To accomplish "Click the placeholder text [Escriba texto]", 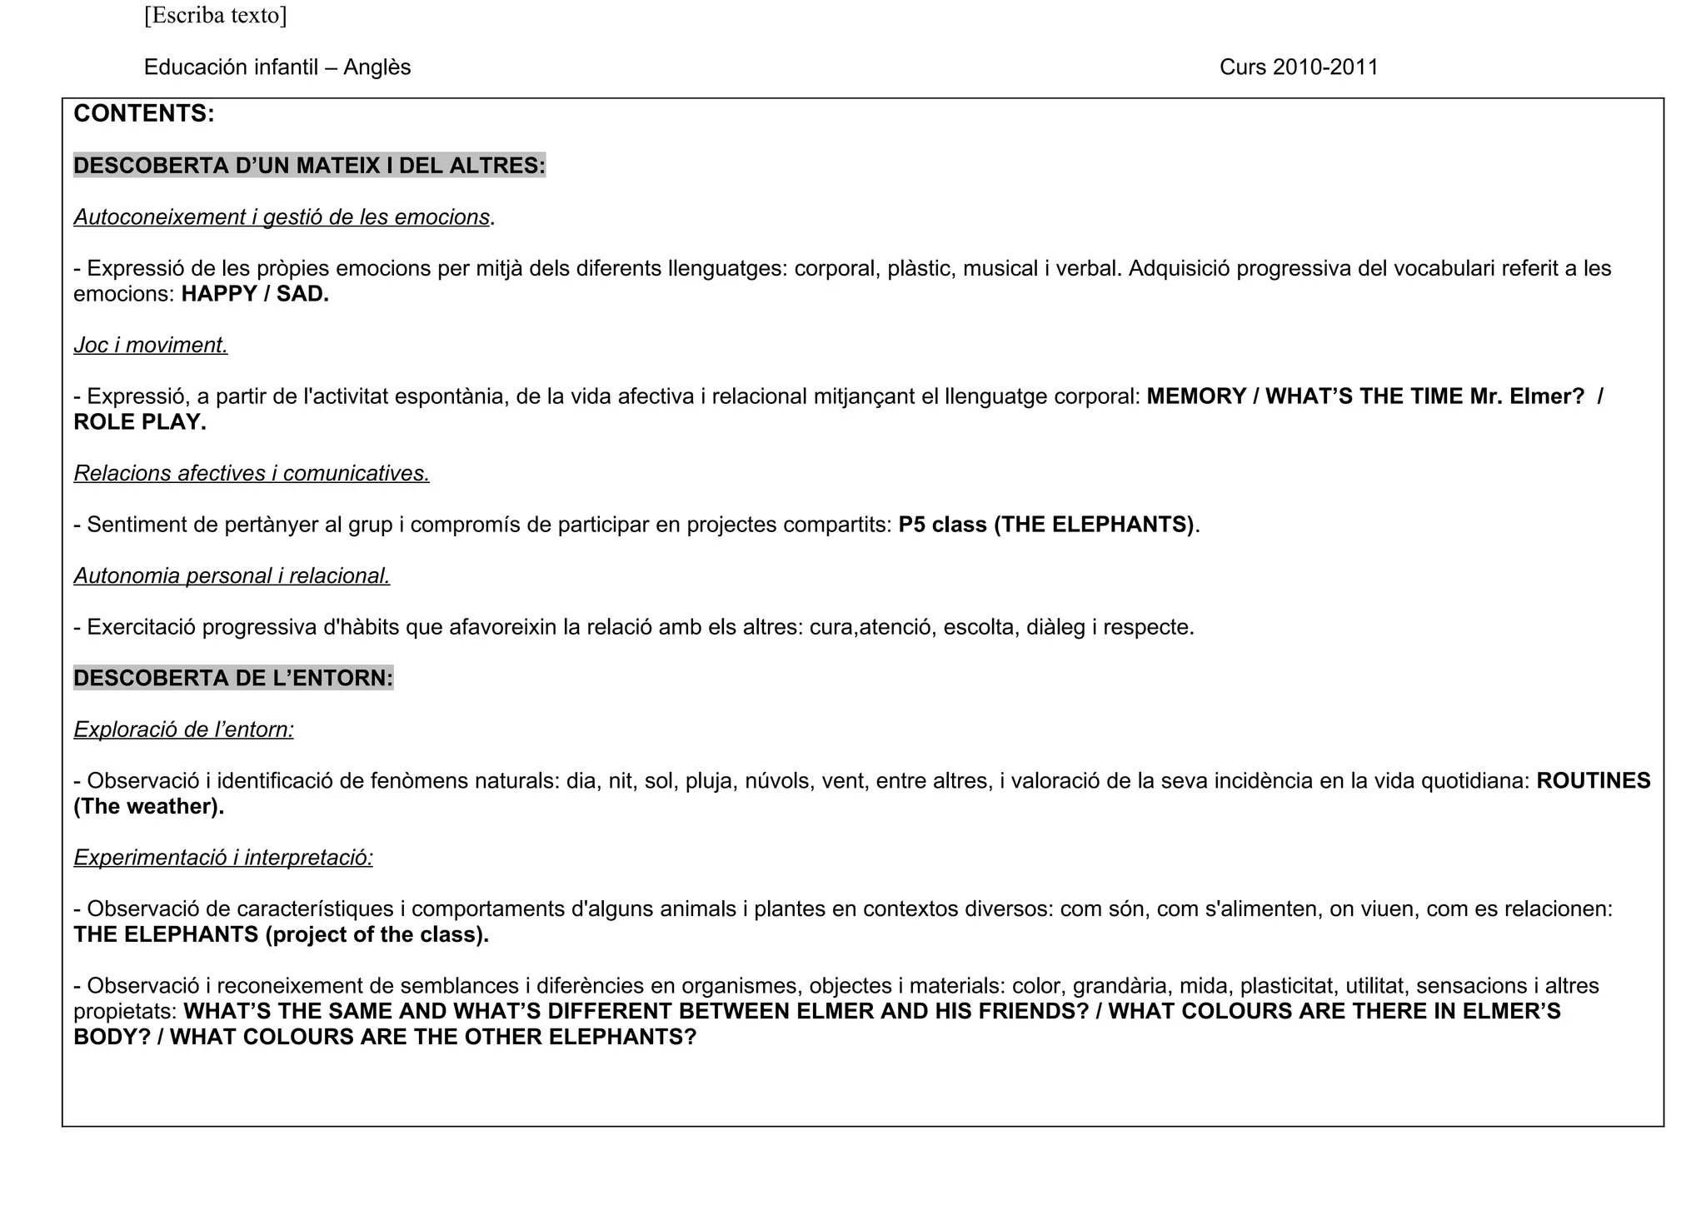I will tap(215, 16).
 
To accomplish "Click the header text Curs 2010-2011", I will tap(1299, 67).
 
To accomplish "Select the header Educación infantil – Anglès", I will tap(277, 67).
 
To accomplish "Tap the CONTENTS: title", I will tap(144, 114).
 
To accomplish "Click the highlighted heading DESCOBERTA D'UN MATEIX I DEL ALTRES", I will tap(309, 166).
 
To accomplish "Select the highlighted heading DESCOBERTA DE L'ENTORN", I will tap(233, 678).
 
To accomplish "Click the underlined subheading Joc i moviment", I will tap(151, 345).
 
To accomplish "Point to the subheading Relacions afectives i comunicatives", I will tap(252, 473).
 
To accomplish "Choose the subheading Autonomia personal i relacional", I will tap(232, 575).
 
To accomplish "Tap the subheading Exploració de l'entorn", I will tap(183, 729).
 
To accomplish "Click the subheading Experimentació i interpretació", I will tap(223, 857).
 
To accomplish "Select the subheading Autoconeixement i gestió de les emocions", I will tap(282, 217).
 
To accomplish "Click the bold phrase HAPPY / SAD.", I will tap(255, 294).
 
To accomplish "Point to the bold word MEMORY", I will tap(1196, 396).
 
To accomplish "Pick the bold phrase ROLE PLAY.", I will tap(140, 422).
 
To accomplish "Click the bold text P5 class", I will tap(943, 525).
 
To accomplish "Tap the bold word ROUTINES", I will tap(1593, 781).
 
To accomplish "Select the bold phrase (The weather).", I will tap(149, 807).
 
